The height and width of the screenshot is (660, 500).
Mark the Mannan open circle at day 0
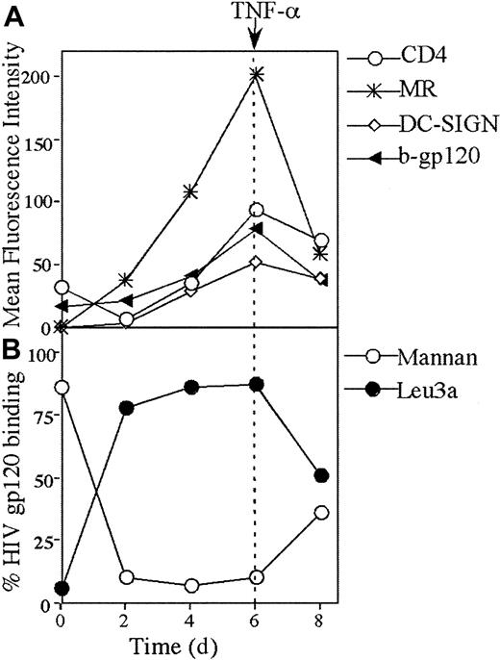[62, 387]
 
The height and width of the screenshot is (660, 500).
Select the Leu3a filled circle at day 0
[62, 588]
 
